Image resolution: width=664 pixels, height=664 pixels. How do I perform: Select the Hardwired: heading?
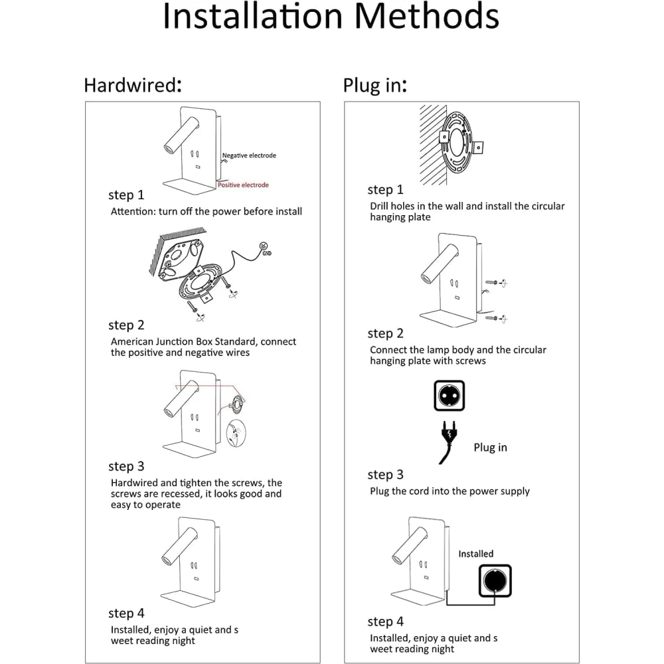click(x=133, y=85)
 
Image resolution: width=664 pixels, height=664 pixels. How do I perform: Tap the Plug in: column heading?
click(x=374, y=85)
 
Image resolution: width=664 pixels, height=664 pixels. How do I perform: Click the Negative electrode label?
click(x=249, y=155)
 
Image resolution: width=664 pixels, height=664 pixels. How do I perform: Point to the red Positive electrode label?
click(x=243, y=185)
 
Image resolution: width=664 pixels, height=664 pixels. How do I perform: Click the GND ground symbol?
click(x=264, y=248)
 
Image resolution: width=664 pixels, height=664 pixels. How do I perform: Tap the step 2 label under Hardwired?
click(x=126, y=325)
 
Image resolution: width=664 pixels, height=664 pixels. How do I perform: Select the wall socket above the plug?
click(x=450, y=396)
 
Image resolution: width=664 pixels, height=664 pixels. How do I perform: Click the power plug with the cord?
click(x=448, y=442)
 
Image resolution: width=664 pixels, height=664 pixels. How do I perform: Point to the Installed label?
click(x=476, y=554)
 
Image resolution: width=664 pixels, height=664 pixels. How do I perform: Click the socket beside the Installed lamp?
click(x=495, y=580)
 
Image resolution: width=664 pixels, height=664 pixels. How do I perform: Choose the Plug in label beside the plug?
click(x=491, y=447)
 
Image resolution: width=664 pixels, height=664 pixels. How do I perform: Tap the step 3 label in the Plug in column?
click(x=385, y=474)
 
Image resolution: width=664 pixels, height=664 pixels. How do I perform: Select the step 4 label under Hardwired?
click(x=126, y=613)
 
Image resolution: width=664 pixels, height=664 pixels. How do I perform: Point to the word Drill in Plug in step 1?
click(x=379, y=206)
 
